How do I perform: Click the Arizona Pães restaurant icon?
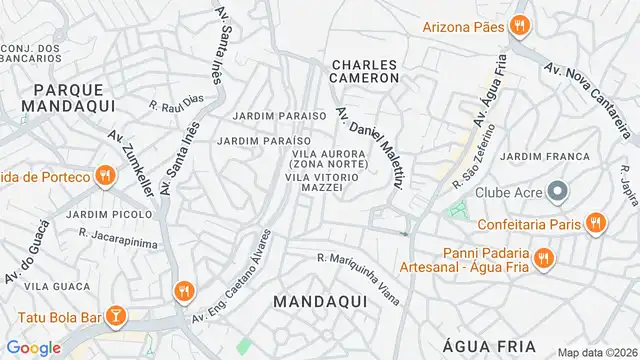[518, 26]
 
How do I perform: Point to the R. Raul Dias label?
[176, 103]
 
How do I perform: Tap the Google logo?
[34, 347]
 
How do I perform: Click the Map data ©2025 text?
[596, 352]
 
